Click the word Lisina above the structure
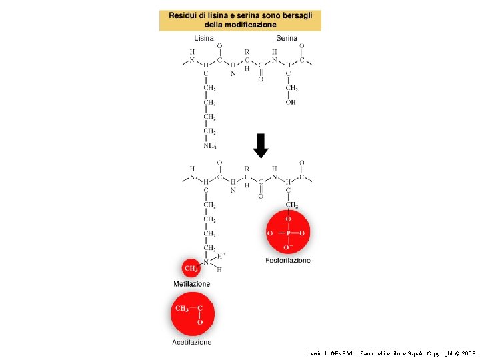[x=204, y=38]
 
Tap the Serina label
[x=287, y=38]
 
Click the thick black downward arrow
[x=261, y=146]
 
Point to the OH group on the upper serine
[x=291, y=102]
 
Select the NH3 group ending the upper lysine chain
[x=209, y=146]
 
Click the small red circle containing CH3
[x=191, y=269]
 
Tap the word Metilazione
[x=191, y=284]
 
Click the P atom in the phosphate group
[x=288, y=233]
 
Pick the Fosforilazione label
[x=288, y=261]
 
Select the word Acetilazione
[x=191, y=342]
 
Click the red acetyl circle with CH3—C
[x=193, y=314]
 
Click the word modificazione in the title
[x=251, y=25]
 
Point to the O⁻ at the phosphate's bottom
[x=289, y=247]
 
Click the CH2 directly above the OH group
[x=292, y=88]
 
